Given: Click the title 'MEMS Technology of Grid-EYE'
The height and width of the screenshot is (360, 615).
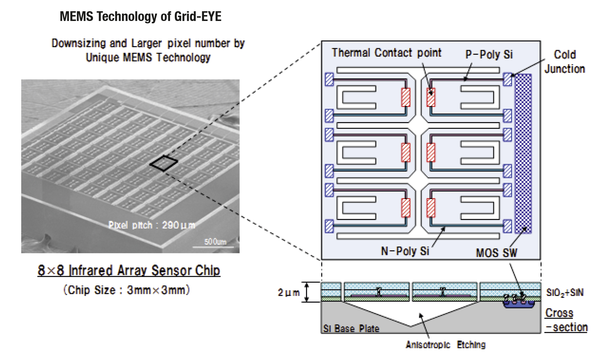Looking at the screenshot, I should point(141,17).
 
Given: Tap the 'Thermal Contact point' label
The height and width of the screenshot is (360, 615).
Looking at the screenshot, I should point(386,53).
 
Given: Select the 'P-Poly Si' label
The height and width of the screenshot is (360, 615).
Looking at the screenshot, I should point(489,55).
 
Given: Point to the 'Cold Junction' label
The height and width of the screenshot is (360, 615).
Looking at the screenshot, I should point(565,62).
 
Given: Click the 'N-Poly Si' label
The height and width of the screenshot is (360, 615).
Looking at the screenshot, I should point(405,251).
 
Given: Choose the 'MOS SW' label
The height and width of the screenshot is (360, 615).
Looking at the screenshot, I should point(496,253).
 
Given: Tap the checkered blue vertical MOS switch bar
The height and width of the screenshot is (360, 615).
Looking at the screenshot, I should point(523,154).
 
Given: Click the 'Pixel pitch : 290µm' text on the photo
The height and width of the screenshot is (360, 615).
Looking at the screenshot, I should point(151,225).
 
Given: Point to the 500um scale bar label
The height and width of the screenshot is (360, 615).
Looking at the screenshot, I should point(215,242).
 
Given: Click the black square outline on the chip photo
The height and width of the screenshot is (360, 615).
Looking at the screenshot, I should point(164,163).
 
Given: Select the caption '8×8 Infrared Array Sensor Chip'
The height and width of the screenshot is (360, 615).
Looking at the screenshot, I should point(129,271).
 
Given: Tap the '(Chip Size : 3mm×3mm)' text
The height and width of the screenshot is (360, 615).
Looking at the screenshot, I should point(126,290).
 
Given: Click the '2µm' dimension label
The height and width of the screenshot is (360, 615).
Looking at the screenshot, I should point(288,293).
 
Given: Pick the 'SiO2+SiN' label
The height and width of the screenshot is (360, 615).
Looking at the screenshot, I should point(565,293).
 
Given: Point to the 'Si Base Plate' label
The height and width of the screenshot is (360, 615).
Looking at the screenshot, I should point(351,328).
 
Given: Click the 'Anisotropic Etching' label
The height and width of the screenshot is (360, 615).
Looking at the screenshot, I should point(446,345).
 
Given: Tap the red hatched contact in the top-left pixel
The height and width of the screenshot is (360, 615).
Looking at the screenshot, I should point(406,97).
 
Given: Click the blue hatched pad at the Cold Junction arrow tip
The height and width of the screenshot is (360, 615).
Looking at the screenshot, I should point(508,79).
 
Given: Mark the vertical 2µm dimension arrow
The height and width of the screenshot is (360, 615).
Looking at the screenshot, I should point(307,292).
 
